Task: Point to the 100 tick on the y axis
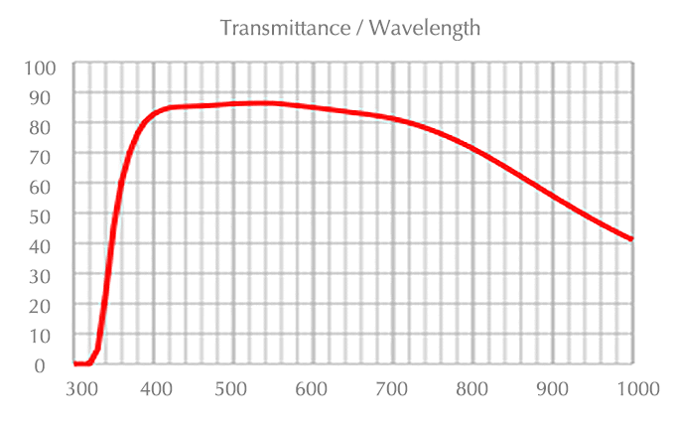pyautogui.click(x=44, y=68)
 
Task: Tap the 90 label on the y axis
pyautogui.click(x=49, y=96)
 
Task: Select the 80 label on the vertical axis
pyautogui.click(x=49, y=126)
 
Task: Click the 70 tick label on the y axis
pyautogui.click(x=49, y=156)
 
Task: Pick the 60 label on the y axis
pyautogui.click(x=49, y=186)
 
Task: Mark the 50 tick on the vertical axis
pyautogui.click(x=49, y=215)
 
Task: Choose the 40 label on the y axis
pyautogui.click(x=49, y=245)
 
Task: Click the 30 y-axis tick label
pyautogui.click(x=49, y=275)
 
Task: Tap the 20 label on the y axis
pyautogui.click(x=49, y=305)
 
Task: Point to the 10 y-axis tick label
pyautogui.click(x=49, y=335)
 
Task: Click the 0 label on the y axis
pyautogui.click(x=54, y=364)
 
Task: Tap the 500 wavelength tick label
pyautogui.click(x=233, y=388)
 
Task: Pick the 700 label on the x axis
pyautogui.click(x=394, y=388)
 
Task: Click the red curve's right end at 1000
pyautogui.click(x=631, y=239)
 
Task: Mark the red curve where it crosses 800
pyautogui.click(x=473, y=150)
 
